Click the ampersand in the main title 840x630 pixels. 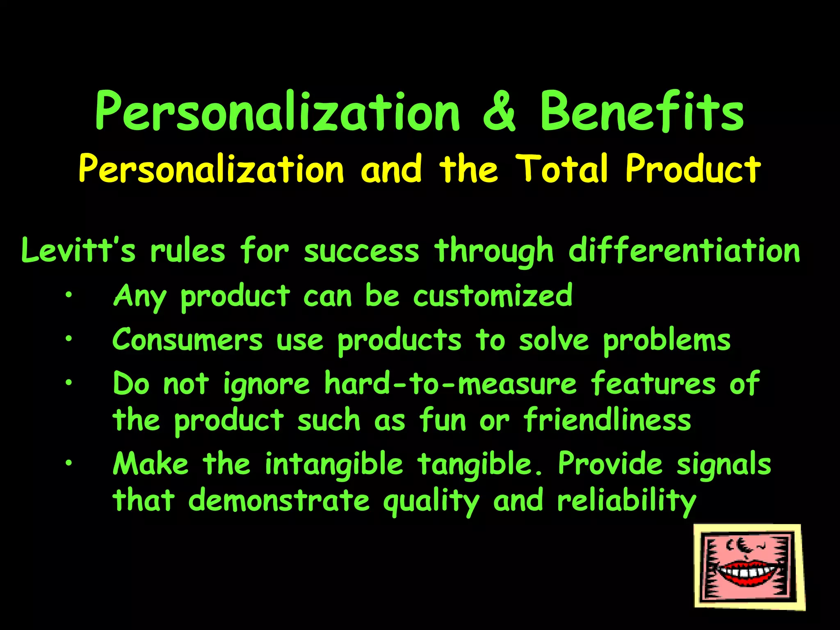[x=499, y=112]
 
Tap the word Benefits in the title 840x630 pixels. [x=641, y=112]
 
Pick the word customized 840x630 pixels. [x=493, y=295]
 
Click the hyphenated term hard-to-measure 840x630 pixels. [x=450, y=384]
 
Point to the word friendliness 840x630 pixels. [x=607, y=420]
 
